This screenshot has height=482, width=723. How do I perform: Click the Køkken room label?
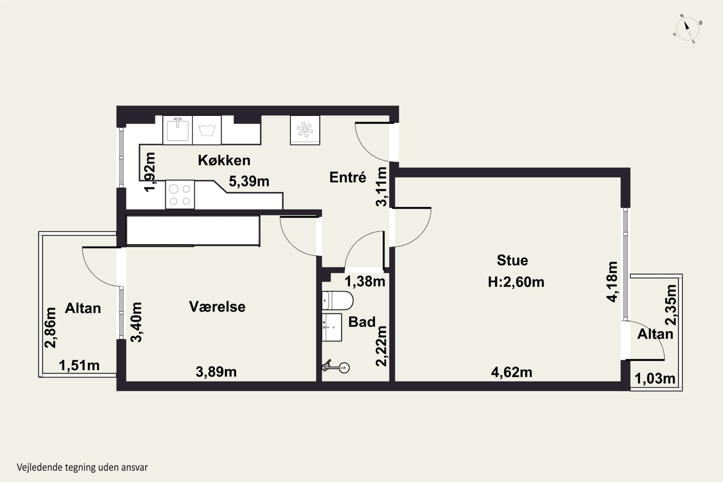click(x=224, y=160)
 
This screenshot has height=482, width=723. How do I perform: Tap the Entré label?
click(x=348, y=177)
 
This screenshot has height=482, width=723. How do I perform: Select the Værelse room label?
click(x=217, y=307)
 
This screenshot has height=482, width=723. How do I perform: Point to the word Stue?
click(x=512, y=260)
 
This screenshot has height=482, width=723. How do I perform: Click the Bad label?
click(x=362, y=322)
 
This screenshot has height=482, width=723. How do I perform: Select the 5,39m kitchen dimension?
click(x=249, y=181)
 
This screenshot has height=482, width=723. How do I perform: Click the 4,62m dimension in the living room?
click(x=511, y=372)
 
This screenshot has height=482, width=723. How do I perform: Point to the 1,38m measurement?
click(x=365, y=281)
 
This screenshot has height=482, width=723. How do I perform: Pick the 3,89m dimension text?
click(x=216, y=372)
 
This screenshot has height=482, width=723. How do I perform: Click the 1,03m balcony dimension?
click(x=655, y=378)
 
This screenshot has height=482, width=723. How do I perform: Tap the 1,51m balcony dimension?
click(x=79, y=366)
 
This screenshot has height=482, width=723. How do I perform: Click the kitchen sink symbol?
click(x=177, y=130)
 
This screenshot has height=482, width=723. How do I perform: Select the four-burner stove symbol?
click(x=180, y=194)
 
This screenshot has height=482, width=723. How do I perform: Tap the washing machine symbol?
click(x=207, y=130)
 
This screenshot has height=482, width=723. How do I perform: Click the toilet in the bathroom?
click(x=337, y=300)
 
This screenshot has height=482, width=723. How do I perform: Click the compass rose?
click(x=688, y=29)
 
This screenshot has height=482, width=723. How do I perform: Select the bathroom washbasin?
click(x=332, y=327)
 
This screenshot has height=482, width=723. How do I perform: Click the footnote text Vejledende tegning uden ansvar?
click(x=82, y=468)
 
